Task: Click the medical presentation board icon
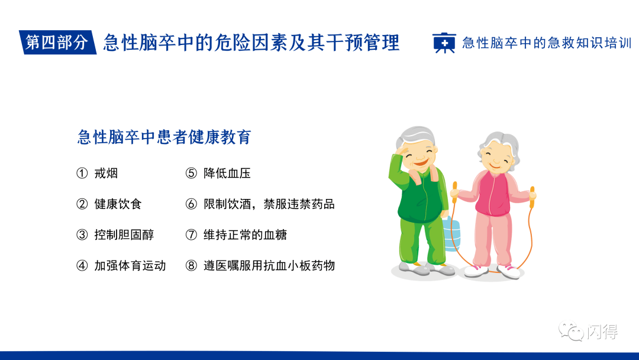pos(444,43)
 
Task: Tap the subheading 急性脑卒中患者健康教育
pos(164,137)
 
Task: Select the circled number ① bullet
pos(82,173)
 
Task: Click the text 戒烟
pos(106,173)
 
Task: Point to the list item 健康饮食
pos(118,204)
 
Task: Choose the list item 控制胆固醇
pos(124,235)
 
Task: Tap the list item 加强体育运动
pos(130,266)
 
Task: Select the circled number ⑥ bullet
pos(191,204)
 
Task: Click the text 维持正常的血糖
pos(245,235)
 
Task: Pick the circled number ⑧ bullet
pos(191,266)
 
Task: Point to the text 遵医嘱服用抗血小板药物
pos(269,266)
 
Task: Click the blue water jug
pos(452,234)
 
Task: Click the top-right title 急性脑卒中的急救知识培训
pos(547,43)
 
